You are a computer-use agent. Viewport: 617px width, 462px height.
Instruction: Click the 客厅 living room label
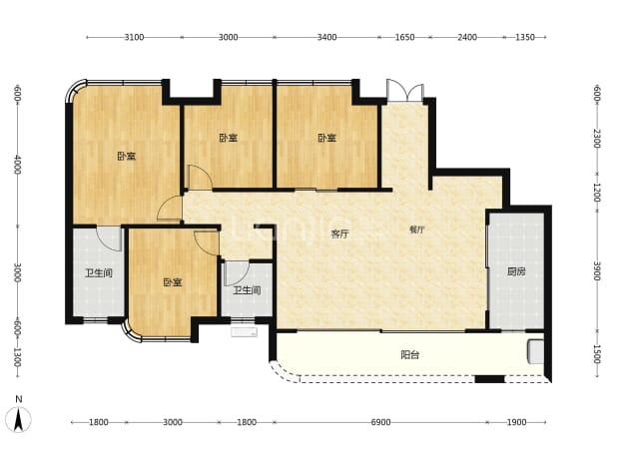(339, 234)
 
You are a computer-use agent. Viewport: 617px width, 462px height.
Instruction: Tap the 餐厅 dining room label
(416, 231)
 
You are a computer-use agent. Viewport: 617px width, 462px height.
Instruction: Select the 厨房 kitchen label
(516, 271)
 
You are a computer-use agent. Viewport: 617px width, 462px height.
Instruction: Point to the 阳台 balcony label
(410, 355)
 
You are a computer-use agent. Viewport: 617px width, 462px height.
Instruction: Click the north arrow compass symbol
(19, 419)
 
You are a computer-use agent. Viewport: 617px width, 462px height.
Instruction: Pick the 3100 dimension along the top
(134, 37)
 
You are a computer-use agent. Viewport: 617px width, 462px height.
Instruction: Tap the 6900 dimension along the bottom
(381, 422)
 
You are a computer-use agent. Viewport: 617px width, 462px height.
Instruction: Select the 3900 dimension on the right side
(597, 271)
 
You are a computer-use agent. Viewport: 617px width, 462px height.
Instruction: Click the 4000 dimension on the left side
(18, 165)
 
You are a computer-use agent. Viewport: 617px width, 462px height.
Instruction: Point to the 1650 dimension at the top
(404, 37)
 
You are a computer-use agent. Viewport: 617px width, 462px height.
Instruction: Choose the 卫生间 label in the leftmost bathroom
(99, 272)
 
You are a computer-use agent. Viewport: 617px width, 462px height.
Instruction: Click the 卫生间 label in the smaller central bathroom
(248, 290)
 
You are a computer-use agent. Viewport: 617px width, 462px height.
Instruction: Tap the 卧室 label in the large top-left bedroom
(127, 156)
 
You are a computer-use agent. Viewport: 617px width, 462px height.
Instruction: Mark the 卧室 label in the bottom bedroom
(173, 282)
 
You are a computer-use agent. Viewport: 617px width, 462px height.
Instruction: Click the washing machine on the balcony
(535, 352)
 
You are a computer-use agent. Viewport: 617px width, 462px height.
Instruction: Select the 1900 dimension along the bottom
(516, 422)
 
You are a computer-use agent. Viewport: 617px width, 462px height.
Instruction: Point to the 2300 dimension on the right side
(597, 139)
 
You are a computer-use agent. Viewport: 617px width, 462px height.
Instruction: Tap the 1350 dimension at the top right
(525, 37)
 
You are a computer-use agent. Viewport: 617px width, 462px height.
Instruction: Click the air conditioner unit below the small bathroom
(244, 332)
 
